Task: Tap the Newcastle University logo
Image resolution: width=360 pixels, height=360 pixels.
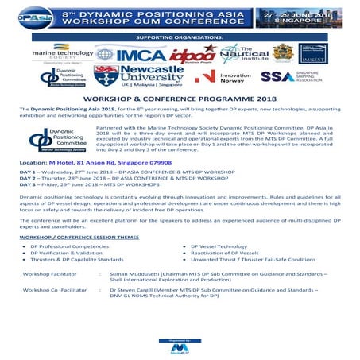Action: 130,77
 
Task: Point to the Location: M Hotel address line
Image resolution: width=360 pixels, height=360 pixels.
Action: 88,162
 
